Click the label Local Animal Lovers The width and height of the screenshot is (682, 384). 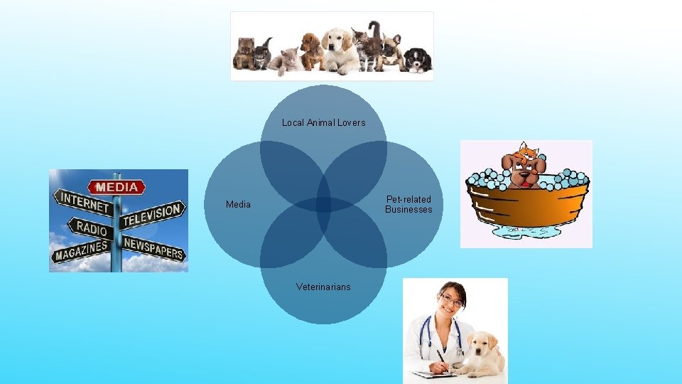click(x=323, y=122)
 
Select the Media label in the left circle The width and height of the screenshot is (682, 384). click(x=238, y=205)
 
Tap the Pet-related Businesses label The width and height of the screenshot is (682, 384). click(x=408, y=204)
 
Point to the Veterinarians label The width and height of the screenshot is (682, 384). click(x=323, y=287)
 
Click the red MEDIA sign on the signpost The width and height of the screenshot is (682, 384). click(x=117, y=188)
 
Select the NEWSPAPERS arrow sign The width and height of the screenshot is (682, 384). click(x=153, y=248)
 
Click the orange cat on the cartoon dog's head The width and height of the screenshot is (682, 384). click(x=527, y=150)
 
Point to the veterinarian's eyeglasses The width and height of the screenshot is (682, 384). click(x=451, y=301)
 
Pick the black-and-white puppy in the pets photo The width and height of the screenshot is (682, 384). click(x=418, y=60)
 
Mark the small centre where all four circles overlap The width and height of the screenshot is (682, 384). click(x=323, y=205)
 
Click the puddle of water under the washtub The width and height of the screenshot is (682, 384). click(x=526, y=232)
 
